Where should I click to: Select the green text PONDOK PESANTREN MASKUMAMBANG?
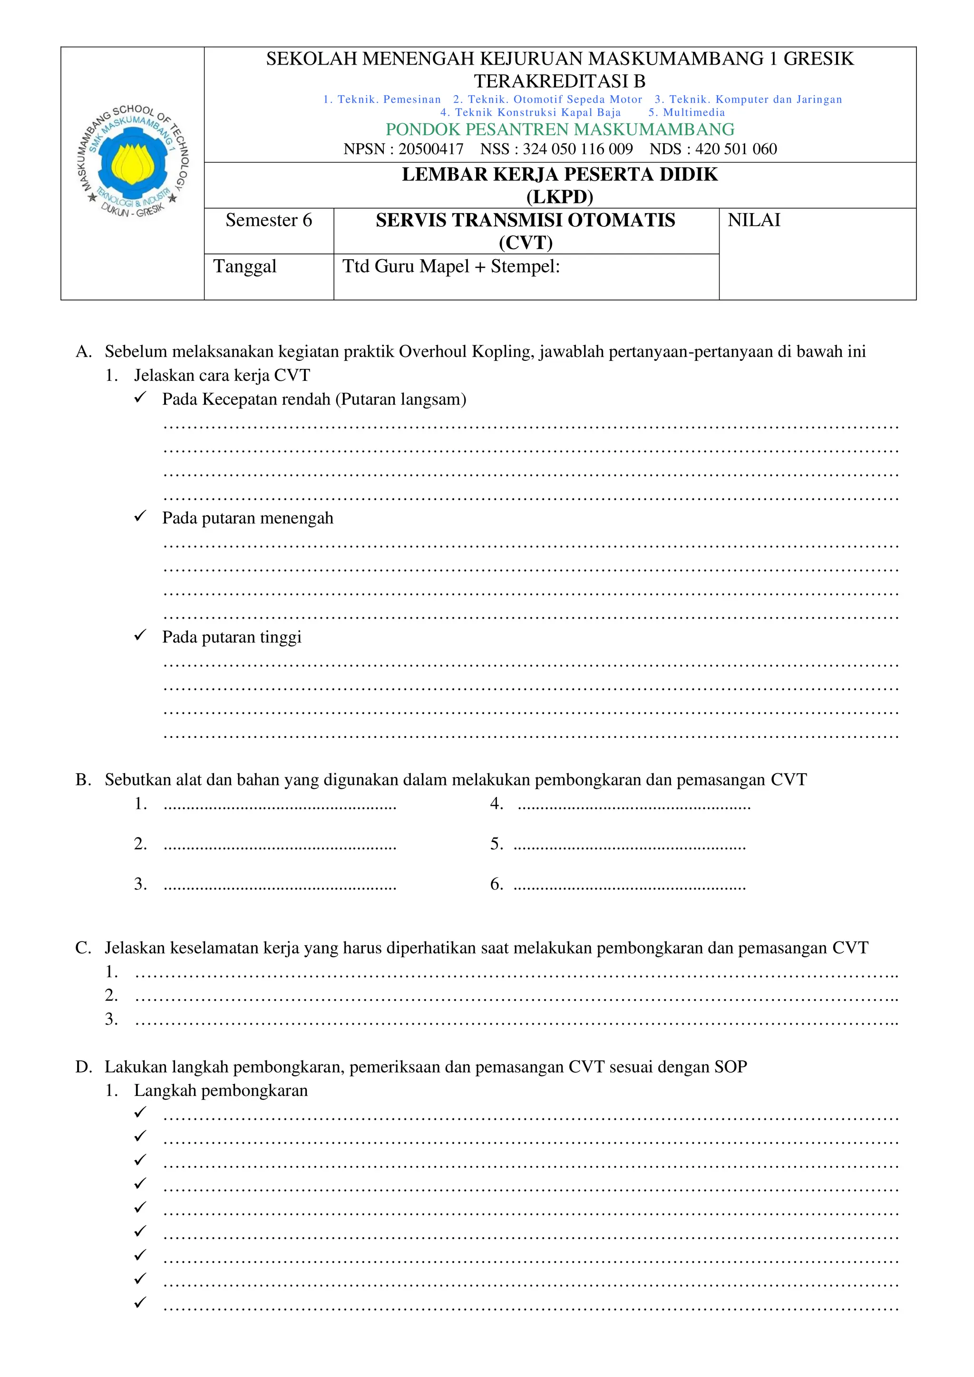point(560,129)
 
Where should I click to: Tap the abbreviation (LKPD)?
point(560,197)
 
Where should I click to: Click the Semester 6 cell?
point(269,221)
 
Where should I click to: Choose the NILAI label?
point(754,221)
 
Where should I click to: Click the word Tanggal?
point(245,266)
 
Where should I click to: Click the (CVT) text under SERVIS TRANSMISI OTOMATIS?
point(526,243)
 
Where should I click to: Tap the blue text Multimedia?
point(694,113)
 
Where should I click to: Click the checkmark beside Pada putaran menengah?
point(140,516)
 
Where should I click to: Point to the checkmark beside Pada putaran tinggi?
point(140,635)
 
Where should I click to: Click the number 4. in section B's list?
point(496,804)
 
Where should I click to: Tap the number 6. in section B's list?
point(496,884)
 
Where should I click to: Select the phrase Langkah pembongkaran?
point(221,1090)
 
